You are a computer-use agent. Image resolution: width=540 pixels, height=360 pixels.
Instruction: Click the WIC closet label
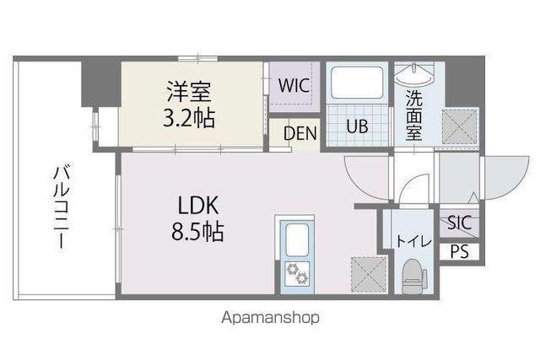pyautogui.click(x=294, y=85)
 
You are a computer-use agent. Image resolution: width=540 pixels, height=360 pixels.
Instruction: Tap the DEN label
pyautogui.click(x=300, y=133)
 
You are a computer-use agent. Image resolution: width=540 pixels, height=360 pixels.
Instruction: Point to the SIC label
pyautogui.click(x=460, y=223)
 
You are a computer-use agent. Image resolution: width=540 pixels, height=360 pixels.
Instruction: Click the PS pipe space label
pyautogui.click(x=459, y=250)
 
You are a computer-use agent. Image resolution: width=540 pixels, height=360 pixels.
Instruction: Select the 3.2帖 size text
pyautogui.click(x=188, y=117)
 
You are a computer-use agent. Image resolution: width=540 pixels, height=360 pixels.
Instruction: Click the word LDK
pyautogui.click(x=199, y=205)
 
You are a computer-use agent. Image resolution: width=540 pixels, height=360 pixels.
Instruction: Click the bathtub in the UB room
pyautogui.click(x=358, y=85)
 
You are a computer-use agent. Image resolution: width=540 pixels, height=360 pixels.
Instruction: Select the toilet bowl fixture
pyautogui.click(x=413, y=275)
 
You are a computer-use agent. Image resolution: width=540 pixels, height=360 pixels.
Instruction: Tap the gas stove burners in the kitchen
pyautogui.click(x=296, y=275)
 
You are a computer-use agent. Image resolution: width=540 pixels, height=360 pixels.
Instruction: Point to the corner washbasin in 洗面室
pyautogui.click(x=413, y=78)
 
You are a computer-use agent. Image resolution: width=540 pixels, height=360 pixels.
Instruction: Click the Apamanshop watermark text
pyautogui.click(x=271, y=319)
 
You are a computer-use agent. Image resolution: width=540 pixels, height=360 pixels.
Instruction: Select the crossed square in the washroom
pyautogui.click(x=459, y=126)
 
